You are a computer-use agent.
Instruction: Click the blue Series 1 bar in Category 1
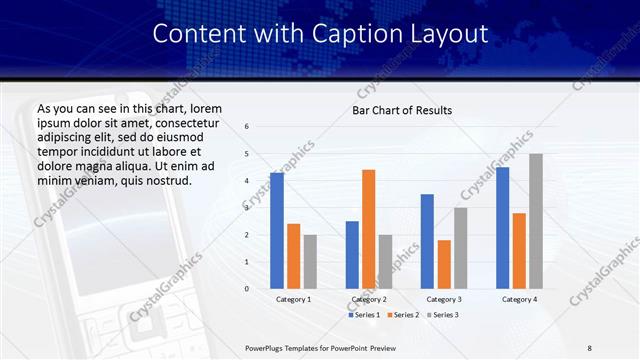(277, 231)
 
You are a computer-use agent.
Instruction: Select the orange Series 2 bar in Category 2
(368, 229)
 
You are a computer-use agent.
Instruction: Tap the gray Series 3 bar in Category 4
(536, 221)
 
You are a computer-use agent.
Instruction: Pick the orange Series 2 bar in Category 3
(444, 264)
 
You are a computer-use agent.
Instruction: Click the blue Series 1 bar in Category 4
(502, 228)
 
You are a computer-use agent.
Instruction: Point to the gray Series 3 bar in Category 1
(310, 262)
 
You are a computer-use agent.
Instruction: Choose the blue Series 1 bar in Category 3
(427, 241)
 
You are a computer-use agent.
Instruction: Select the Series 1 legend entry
(365, 315)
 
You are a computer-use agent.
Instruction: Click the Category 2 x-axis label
(368, 299)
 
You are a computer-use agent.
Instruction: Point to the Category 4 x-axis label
(519, 299)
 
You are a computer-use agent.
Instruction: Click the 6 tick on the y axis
(247, 127)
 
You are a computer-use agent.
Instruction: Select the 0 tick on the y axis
(247, 289)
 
